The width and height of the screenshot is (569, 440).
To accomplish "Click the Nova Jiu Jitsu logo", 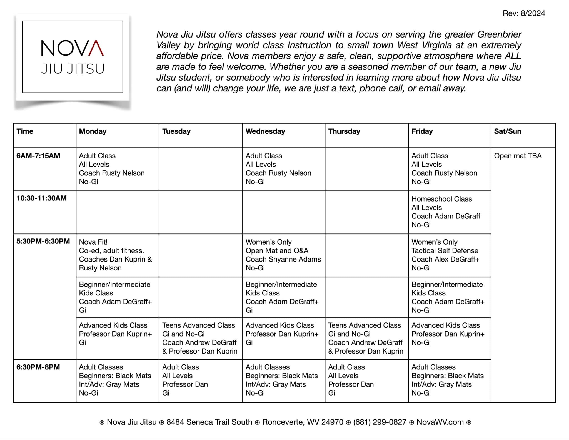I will tap(73, 57).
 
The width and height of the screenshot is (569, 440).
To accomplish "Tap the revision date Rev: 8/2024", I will tap(524, 13).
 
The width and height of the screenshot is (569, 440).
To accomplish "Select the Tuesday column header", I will tap(176, 131).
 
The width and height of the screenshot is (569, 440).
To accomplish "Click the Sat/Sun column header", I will tap(507, 131).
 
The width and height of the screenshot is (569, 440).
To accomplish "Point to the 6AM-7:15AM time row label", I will tap(38, 156).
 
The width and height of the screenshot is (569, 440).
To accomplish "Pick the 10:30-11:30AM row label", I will tap(41, 198).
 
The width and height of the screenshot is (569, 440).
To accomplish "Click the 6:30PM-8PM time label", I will tap(38, 367).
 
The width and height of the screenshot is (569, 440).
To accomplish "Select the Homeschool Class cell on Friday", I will tap(445, 212).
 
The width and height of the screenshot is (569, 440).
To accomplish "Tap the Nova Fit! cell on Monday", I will tap(115, 255).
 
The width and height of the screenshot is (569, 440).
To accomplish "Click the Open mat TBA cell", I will tap(518, 156).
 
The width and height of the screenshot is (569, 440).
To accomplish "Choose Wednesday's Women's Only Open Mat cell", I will tap(283, 255).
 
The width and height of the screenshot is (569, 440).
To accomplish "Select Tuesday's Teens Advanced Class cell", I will tap(199, 338).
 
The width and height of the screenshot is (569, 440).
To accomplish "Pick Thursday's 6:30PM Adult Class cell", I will tap(351, 380).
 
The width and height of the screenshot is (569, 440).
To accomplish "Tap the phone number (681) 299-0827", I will tap(380, 422).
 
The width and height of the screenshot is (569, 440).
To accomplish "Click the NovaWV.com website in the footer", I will tap(440, 422).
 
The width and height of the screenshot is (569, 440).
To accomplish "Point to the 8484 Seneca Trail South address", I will tap(209, 422).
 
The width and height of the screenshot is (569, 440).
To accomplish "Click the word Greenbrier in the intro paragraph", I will tap(499, 34).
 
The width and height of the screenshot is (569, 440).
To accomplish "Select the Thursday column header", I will tap(344, 131).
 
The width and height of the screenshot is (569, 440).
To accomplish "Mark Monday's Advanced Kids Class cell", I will tap(115, 334).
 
